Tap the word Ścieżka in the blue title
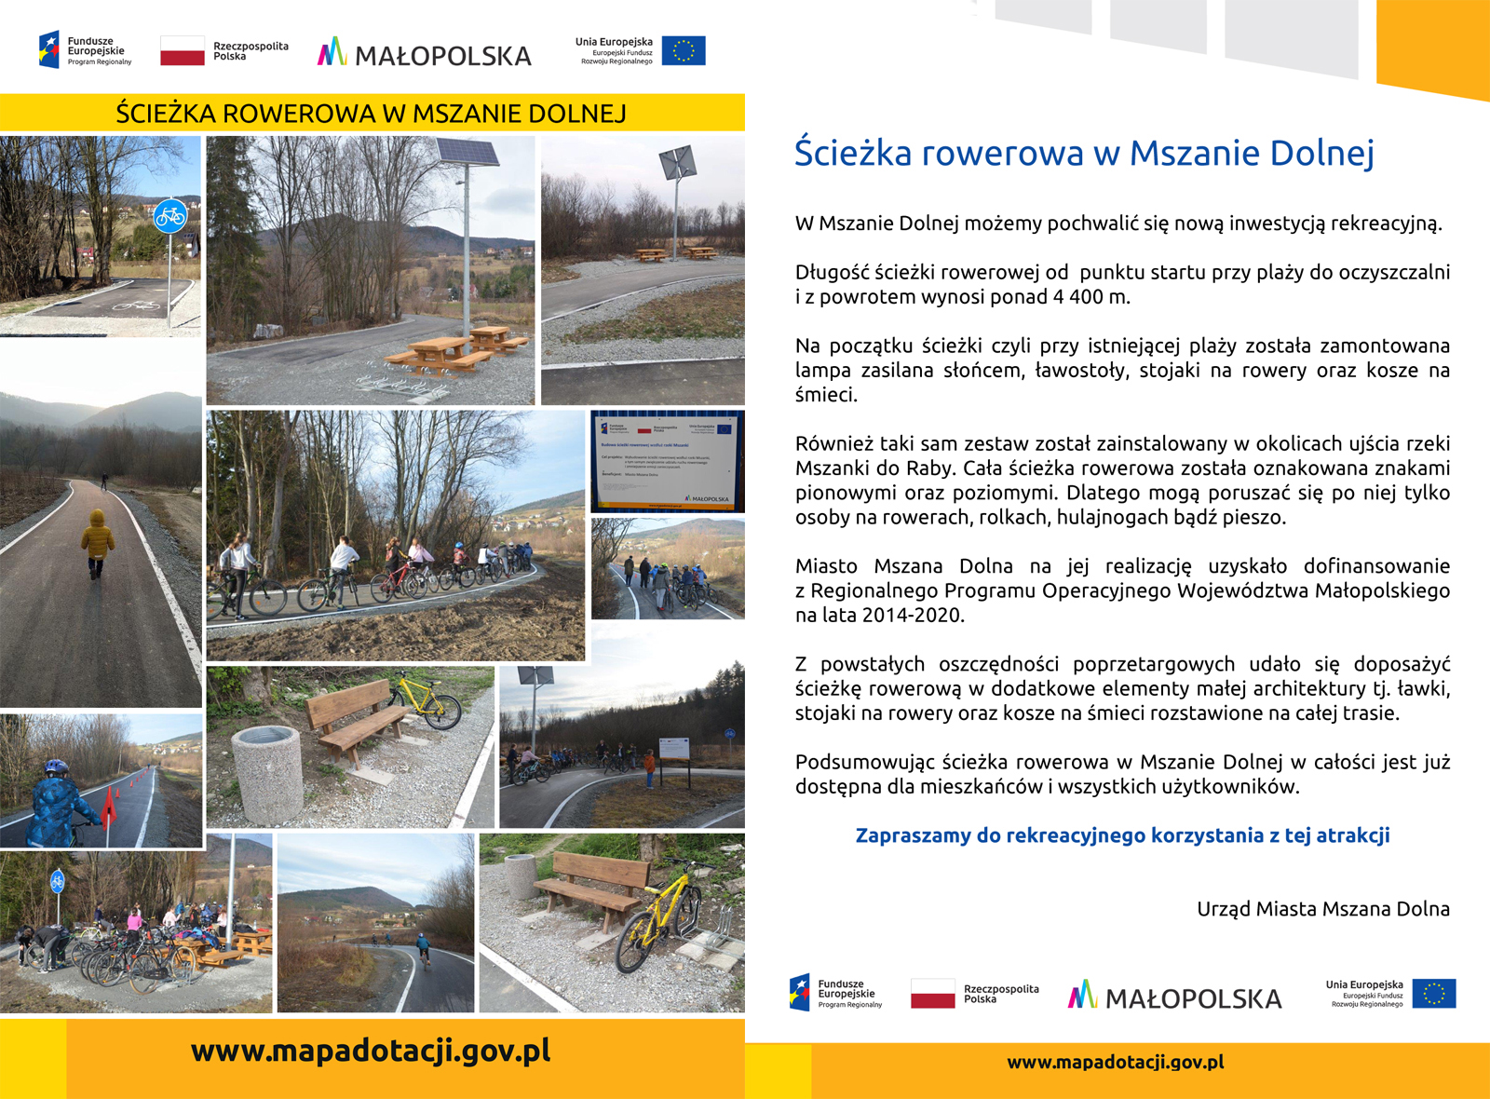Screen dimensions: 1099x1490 pyautogui.click(x=852, y=154)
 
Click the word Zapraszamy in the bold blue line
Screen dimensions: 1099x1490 pyautogui.click(x=913, y=835)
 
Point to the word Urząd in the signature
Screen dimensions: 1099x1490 pyautogui.click(x=1222, y=909)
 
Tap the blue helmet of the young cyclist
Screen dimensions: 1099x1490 pyautogui.click(x=56, y=767)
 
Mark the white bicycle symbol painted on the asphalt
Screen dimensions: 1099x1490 pyautogui.click(x=137, y=305)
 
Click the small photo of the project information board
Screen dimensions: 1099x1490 pyautogui.click(x=667, y=461)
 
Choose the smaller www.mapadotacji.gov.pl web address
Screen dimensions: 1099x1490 pyautogui.click(x=1115, y=1062)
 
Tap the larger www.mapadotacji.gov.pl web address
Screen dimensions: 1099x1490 pyautogui.click(x=371, y=1051)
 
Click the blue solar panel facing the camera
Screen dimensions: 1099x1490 pyautogui.click(x=467, y=153)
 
